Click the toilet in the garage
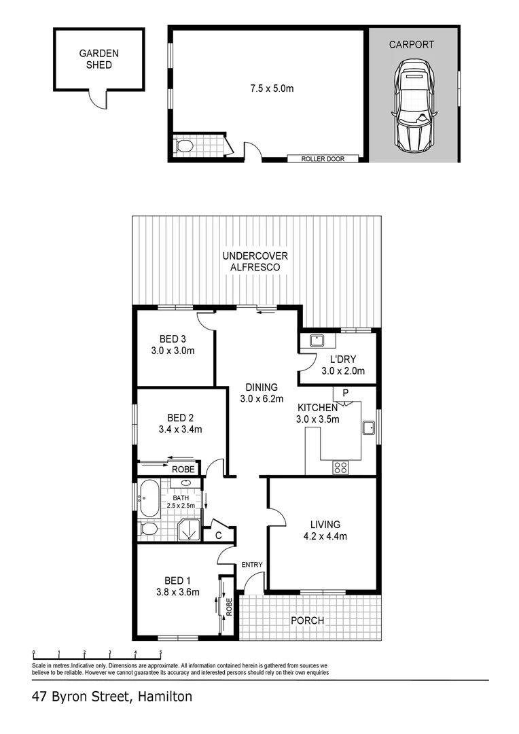point(183,146)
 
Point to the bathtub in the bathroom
point(149,502)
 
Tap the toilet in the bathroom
point(147,529)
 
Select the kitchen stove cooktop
point(340,468)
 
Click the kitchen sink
point(368,428)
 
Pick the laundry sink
point(316,342)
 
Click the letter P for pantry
point(345,394)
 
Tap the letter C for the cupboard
point(219,536)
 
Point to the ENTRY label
point(252,565)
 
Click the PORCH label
point(307,621)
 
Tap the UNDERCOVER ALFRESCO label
point(255,262)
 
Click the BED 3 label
point(173,339)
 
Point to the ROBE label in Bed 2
point(183,470)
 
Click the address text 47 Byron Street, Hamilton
point(112,697)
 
